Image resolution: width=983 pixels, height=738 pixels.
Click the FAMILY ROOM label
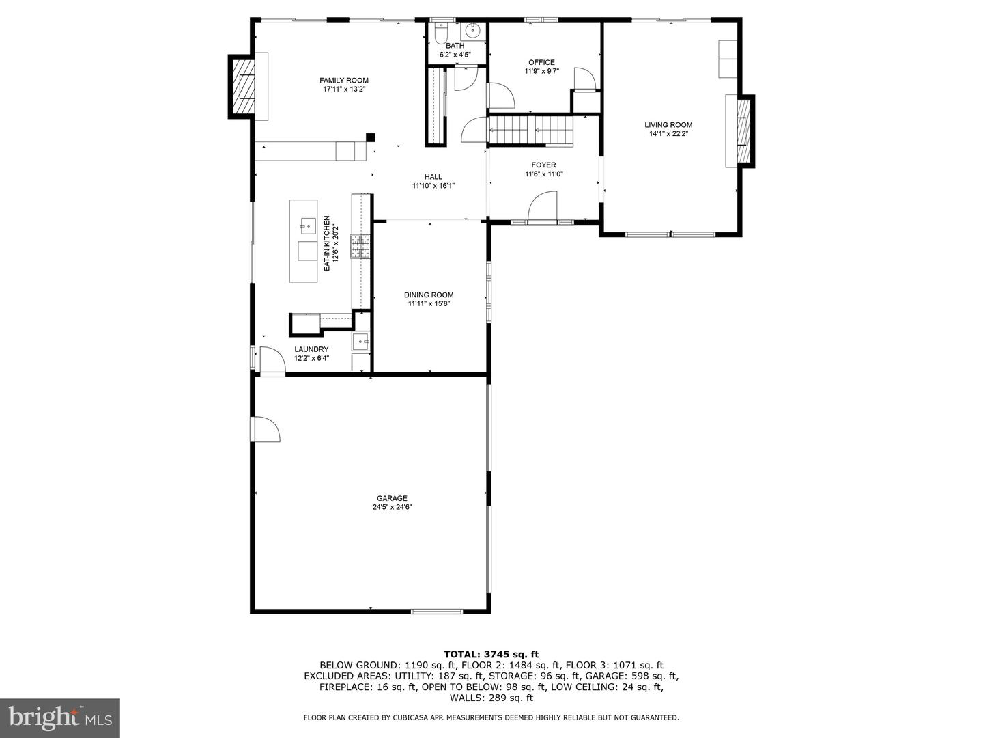343,80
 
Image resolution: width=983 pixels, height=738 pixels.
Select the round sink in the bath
472,31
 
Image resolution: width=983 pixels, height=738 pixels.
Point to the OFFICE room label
541,62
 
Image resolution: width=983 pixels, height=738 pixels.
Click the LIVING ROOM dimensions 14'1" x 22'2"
668,133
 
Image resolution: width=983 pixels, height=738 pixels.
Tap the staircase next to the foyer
530,131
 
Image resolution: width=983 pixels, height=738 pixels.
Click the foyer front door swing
542,206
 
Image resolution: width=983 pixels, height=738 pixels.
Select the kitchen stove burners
360,246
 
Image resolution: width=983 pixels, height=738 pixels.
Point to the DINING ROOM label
429,295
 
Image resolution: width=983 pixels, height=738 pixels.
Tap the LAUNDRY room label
311,349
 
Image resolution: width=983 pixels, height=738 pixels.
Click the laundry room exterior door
272,359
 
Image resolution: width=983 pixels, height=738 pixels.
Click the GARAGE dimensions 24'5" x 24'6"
392,507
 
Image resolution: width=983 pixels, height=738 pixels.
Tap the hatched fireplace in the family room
242,87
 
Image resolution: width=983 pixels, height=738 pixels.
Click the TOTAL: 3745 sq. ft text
491,655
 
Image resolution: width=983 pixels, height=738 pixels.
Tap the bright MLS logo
60,718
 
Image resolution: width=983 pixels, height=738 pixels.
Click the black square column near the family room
371,137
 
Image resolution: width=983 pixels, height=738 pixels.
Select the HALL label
433,177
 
